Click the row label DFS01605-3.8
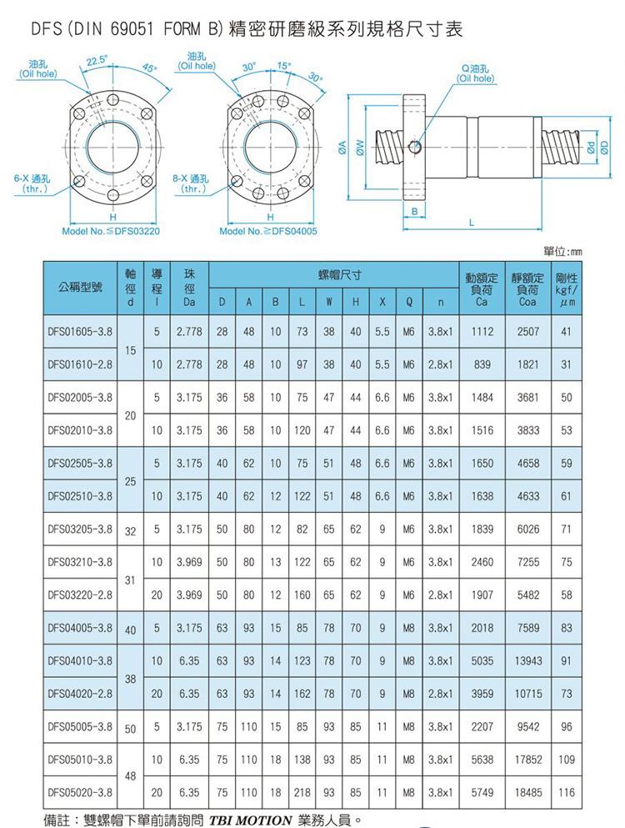(x=80, y=332)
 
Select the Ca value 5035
(x=482, y=660)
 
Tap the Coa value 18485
(x=527, y=792)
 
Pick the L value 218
(x=302, y=792)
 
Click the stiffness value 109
(x=567, y=760)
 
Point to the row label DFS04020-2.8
(x=80, y=694)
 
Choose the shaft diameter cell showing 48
(x=130, y=776)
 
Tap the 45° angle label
(x=149, y=68)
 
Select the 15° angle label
(x=283, y=66)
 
